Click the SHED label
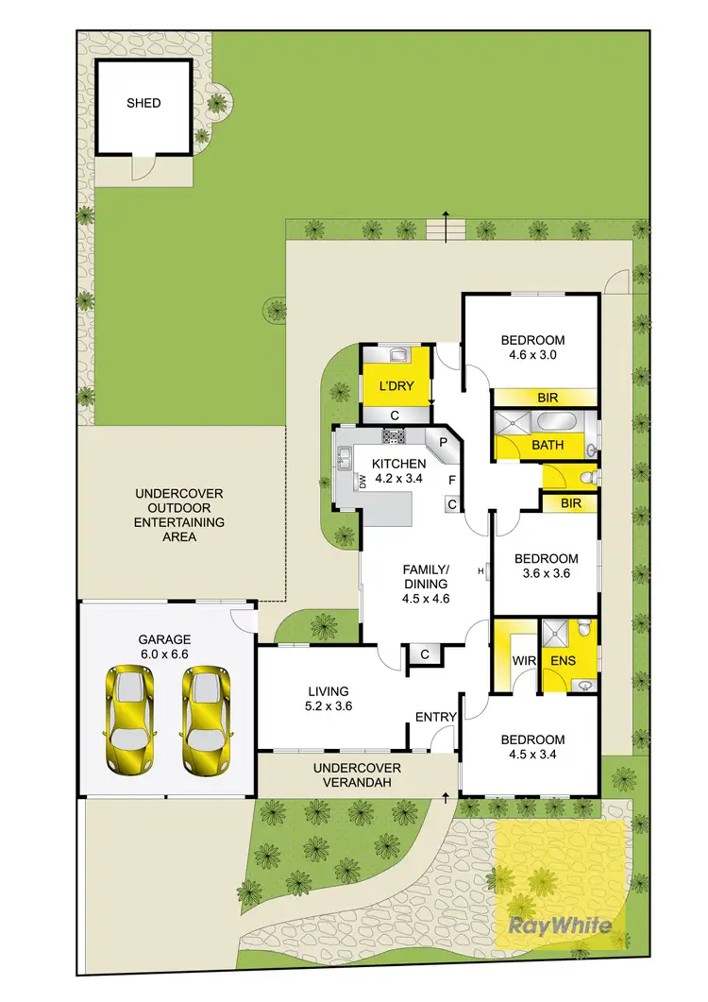point(143,103)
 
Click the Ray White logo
point(560,926)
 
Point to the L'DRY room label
point(396,385)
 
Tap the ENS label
point(563,659)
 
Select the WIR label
point(524,659)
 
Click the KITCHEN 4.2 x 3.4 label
point(397,470)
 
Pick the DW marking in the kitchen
point(362,482)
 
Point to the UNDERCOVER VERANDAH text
point(357,774)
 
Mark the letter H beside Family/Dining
point(481,570)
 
